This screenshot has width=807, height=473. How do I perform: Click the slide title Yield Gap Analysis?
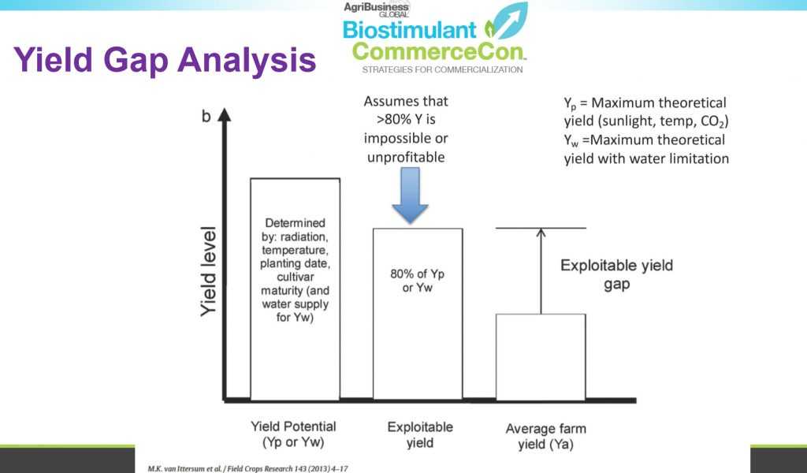(165, 60)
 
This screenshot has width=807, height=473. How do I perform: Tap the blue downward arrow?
(410, 196)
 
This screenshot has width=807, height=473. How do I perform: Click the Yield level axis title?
(208, 271)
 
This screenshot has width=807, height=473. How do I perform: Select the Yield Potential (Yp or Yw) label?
(293, 434)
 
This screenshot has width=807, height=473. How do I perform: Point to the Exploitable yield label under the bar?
(420, 434)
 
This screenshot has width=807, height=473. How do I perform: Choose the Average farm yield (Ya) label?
(545, 436)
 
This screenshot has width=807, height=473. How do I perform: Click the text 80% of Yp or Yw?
(418, 281)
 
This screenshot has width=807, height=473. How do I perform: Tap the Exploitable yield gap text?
(616, 274)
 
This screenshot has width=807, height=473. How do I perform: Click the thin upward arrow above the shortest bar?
(541, 270)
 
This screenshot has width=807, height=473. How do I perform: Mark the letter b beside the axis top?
(206, 117)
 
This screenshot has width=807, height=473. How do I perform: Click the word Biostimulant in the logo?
(410, 30)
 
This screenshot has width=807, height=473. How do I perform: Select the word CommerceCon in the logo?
(438, 51)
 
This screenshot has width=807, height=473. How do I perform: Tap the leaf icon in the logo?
(507, 22)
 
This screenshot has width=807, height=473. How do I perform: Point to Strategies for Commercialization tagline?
(442, 69)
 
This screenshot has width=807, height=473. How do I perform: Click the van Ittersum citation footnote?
(247, 469)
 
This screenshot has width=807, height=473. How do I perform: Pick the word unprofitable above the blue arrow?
(406, 157)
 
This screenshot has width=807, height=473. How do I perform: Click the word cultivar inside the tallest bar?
(296, 277)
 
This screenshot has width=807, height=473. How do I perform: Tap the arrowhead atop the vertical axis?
(225, 114)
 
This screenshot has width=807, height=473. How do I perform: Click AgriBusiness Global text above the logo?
(376, 9)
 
